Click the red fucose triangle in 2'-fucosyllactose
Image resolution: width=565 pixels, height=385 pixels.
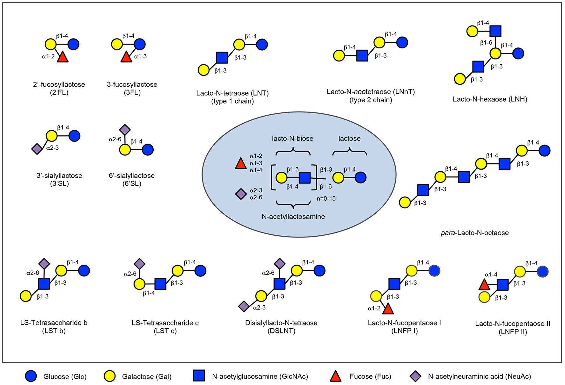coord(63,57)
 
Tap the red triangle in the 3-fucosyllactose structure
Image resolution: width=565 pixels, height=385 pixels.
coord(127,57)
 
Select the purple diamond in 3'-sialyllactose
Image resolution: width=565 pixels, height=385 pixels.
coord(37,148)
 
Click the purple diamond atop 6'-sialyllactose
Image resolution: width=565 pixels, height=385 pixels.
coord(125,130)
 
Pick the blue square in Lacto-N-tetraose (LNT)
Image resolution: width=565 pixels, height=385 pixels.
coord(222,58)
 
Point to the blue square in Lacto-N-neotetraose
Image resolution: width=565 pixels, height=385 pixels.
coord(362,56)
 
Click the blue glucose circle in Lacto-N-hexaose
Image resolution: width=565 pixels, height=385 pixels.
coord(518,53)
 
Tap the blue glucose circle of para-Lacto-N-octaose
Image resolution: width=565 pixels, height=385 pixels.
coord(545,151)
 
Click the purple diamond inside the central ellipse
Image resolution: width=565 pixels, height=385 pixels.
coord(241,194)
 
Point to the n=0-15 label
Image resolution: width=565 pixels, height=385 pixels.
coord(326,199)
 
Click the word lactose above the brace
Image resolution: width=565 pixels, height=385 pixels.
coord(349,139)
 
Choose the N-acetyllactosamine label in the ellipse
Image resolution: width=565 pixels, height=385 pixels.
coord(293,217)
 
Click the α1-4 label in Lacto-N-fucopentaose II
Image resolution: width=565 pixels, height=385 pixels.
coord(491,274)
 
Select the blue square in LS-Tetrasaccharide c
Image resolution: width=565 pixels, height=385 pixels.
coord(160,283)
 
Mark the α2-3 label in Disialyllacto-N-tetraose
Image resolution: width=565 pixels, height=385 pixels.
coord(259,308)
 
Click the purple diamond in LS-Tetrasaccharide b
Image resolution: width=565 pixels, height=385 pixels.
coord(44,264)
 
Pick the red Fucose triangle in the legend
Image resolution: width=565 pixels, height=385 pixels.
coord(335,376)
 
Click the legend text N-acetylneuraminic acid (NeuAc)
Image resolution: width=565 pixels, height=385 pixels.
coord(480,376)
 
